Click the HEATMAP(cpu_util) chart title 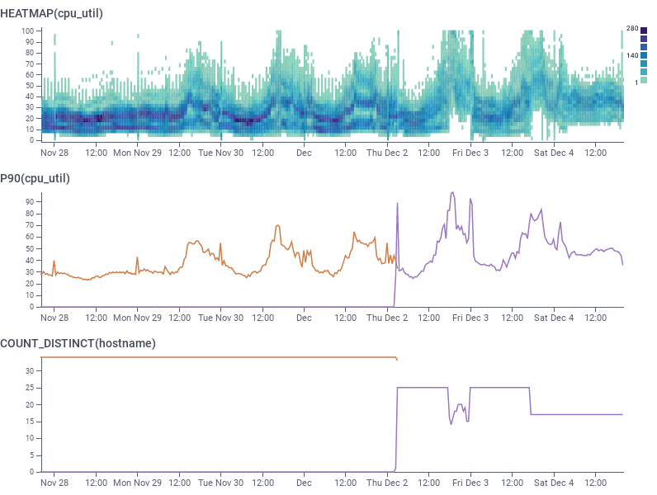[x=51, y=12]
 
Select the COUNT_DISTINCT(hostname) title [x=78, y=342]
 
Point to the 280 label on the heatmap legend [x=632, y=29]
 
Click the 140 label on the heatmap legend [x=632, y=55]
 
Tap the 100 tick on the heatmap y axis [x=28, y=31]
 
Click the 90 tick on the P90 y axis [x=30, y=200]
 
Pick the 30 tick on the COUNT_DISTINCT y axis [x=30, y=371]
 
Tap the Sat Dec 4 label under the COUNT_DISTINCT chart [x=553, y=483]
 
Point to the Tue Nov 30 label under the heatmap [x=220, y=153]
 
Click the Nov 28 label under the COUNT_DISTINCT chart [x=54, y=483]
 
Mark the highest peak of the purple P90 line [x=452, y=193]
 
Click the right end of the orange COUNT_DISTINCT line [x=397, y=360]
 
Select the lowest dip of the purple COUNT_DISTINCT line [x=451, y=424]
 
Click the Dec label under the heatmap [x=304, y=153]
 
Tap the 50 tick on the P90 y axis [x=30, y=247]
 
